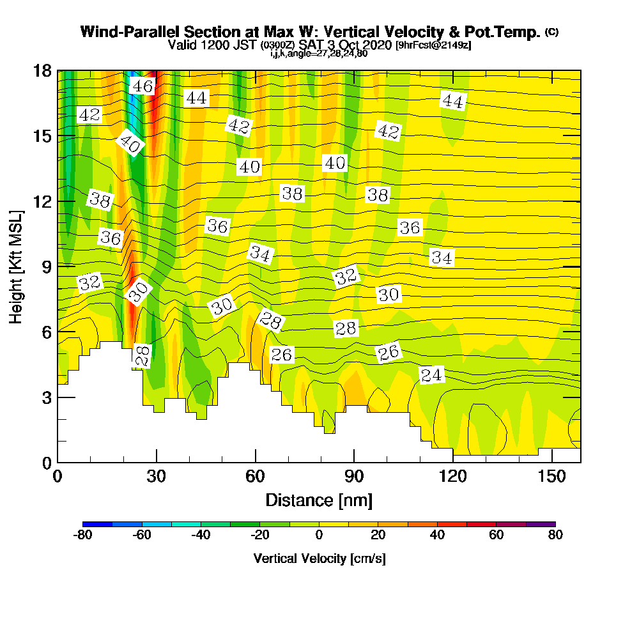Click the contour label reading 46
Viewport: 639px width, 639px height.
point(142,86)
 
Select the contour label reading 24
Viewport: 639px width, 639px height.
point(431,375)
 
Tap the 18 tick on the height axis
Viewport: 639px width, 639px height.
point(42,70)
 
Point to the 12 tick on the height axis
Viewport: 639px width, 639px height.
point(42,201)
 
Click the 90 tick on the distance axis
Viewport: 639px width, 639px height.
point(354,477)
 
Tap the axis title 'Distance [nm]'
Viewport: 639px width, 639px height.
point(319,500)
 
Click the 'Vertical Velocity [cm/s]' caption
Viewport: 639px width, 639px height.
point(319,558)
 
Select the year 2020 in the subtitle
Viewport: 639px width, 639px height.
point(379,45)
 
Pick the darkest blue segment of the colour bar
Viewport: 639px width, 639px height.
point(98,524)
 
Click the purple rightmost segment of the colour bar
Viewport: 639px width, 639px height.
point(541,524)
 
